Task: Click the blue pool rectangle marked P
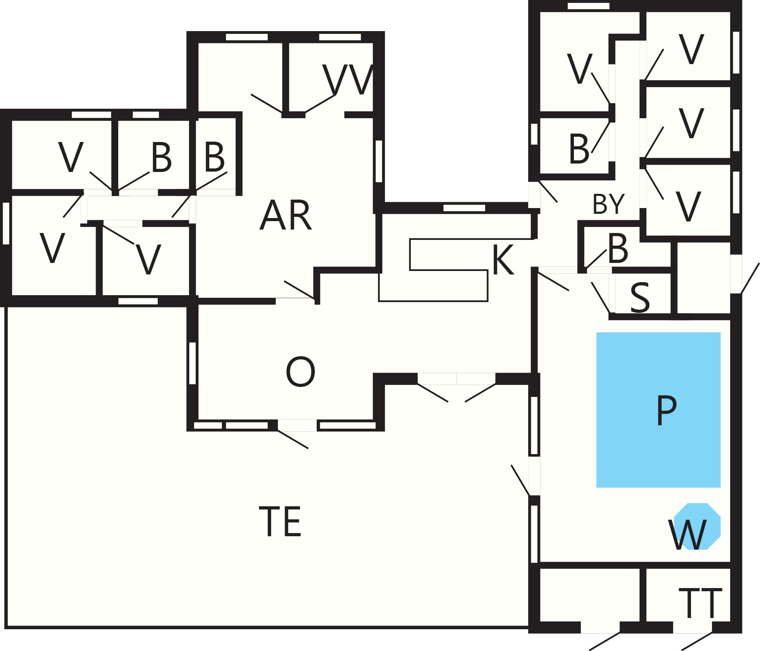coord(658,410)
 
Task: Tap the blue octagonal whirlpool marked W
coord(697,526)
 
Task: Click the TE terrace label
coord(280,522)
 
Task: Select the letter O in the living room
coord(301,371)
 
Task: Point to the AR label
coord(286,215)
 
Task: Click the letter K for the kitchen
coord(503,259)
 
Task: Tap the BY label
coord(609,204)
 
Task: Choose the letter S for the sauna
coord(640,297)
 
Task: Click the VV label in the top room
coord(348,79)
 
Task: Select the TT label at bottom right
coord(701,603)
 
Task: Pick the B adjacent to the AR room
coord(215,157)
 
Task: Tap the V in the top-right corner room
coord(691,49)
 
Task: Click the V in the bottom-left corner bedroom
coord(52,248)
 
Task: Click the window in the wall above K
coord(464,208)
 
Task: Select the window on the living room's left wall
coord(193,363)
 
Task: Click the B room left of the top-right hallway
coord(574,146)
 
